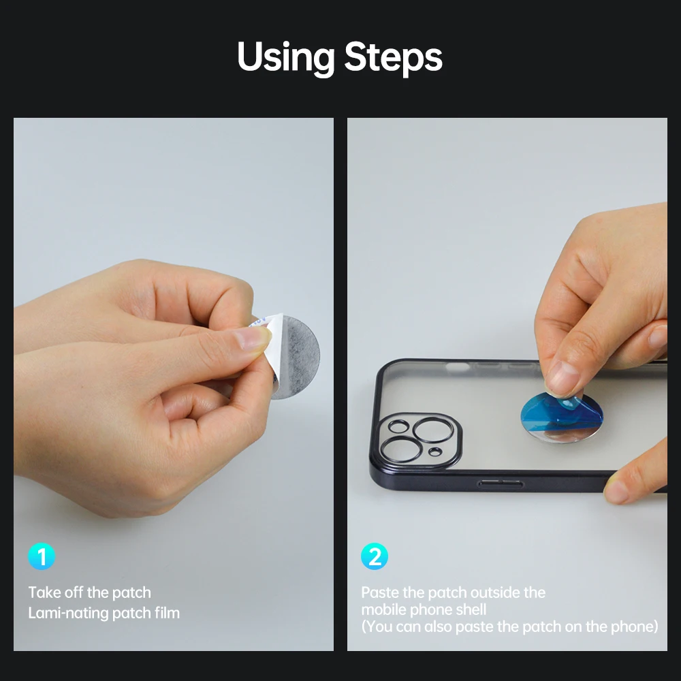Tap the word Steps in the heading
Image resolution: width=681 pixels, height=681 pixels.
(394, 57)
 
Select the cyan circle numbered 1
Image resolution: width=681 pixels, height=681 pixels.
(42, 556)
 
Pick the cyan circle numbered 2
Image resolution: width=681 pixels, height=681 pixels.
(375, 556)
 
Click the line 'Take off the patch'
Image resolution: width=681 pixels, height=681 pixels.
(89, 592)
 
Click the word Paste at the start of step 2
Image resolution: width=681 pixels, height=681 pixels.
(380, 592)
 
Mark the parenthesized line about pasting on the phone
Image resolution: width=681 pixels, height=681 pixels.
(510, 627)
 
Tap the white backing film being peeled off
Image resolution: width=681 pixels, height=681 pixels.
(268, 344)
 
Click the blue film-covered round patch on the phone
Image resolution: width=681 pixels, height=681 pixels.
(561, 417)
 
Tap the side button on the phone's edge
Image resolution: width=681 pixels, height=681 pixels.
(501, 484)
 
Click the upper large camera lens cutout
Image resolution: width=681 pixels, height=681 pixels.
(432, 430)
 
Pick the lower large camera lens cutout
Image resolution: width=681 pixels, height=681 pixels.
(400, 449)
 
